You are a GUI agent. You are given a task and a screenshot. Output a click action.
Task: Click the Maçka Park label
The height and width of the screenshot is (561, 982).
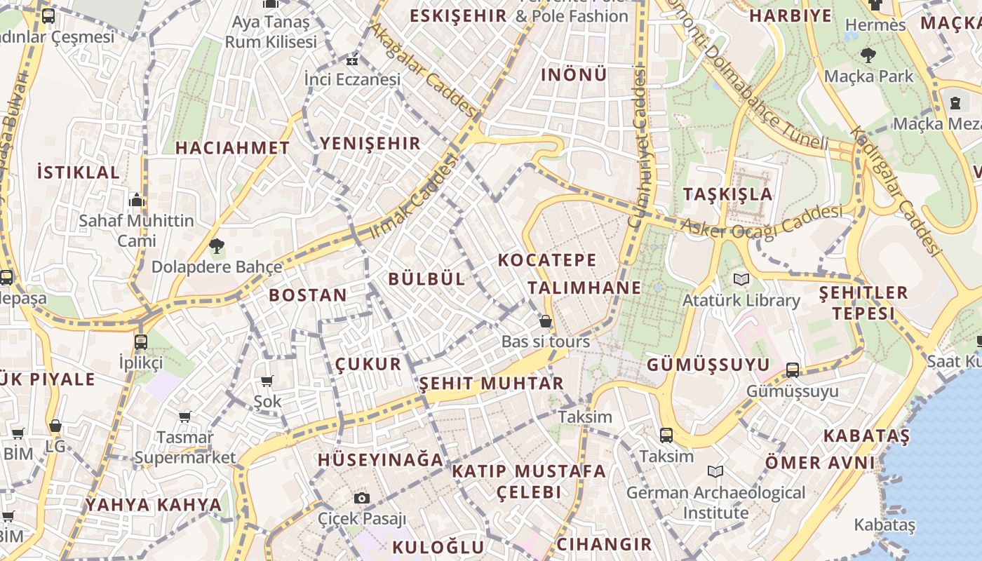869,76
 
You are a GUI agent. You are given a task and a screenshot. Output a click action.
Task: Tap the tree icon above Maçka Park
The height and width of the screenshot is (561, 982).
868,55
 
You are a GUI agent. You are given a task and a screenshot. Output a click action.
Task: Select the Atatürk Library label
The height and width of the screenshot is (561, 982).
741,300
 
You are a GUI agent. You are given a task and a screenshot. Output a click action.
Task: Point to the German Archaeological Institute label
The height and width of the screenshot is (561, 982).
715,503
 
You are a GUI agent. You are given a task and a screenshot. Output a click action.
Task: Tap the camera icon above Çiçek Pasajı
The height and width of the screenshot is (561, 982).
362,498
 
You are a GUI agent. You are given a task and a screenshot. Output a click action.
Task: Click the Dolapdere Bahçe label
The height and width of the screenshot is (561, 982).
217,266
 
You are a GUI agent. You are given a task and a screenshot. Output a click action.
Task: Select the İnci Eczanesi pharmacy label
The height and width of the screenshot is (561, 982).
352,79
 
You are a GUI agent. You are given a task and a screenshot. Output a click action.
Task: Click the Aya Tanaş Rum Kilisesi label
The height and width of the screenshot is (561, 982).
271,32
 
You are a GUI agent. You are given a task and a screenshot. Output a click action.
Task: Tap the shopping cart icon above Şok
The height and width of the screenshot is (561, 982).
267,381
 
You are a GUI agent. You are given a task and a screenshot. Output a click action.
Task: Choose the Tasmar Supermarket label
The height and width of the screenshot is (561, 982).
185,447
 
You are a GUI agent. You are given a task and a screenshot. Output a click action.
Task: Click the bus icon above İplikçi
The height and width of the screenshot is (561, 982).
141,342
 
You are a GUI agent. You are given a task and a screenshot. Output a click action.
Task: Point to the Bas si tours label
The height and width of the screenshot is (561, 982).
546,342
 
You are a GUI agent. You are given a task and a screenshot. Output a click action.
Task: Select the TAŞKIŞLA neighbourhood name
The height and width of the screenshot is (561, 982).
728,194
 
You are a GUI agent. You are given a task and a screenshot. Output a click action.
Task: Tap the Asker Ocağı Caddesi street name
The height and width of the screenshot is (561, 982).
762,222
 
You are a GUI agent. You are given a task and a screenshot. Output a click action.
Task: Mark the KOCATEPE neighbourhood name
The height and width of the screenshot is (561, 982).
547,259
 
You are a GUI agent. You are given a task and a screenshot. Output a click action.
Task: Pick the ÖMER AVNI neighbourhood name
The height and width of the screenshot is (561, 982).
820,463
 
